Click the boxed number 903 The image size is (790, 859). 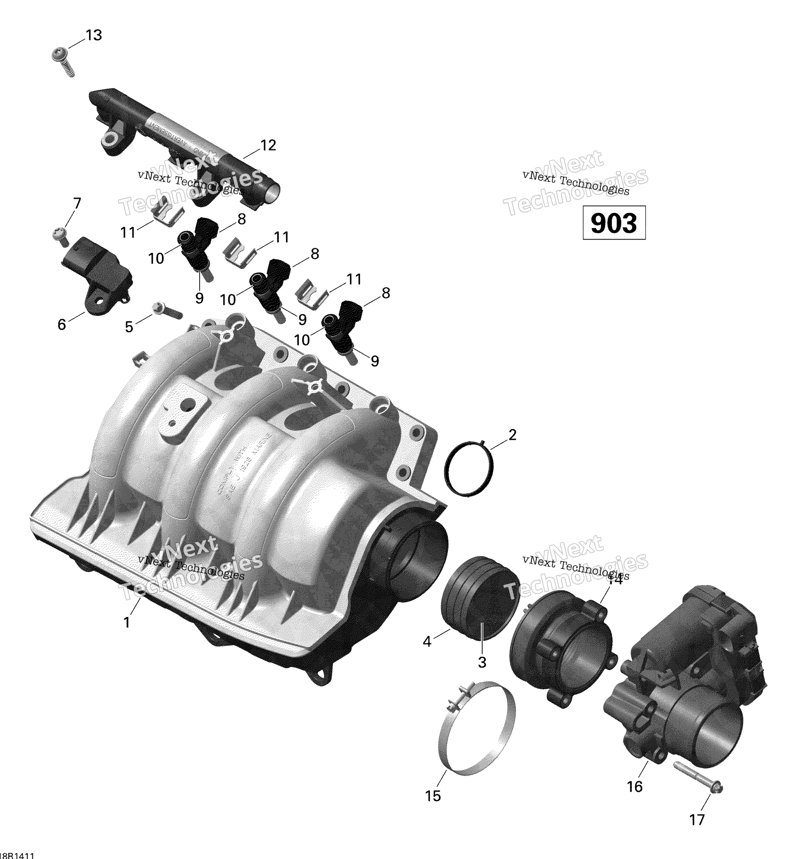614,223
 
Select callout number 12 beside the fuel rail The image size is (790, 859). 268,146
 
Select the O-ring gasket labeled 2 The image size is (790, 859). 468,469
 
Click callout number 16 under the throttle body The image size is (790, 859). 634,786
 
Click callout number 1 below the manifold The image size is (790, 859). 126,622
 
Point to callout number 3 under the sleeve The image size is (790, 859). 482,662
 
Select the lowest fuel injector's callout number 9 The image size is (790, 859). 374,361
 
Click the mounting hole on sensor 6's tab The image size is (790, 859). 102,301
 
